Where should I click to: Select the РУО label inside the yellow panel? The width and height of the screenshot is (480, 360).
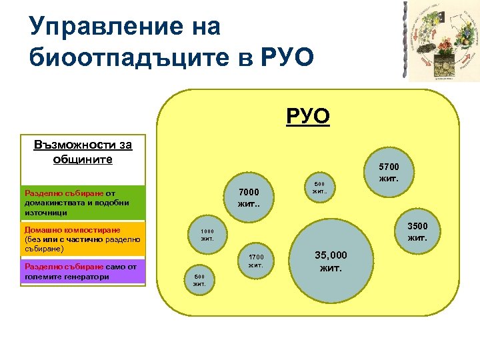point(308,117)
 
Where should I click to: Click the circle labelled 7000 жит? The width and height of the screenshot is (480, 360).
point(248,198)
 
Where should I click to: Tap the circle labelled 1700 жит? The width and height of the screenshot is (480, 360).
point(256,261)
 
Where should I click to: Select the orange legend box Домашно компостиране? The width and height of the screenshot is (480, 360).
point(83,239)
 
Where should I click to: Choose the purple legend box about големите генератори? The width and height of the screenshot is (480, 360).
point(83,271)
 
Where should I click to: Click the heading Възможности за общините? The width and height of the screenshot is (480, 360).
point(83,152)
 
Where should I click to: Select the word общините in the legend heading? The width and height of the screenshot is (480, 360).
point(83,159)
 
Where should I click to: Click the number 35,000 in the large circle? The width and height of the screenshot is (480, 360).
point(331,255)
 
